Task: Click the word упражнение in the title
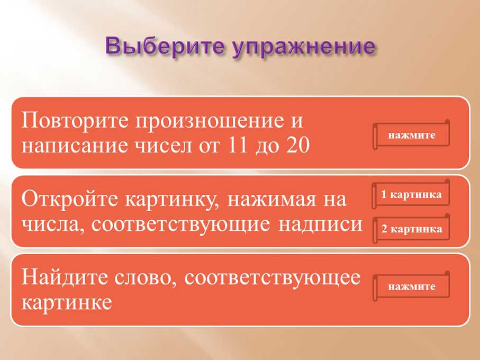(x=303, y=48)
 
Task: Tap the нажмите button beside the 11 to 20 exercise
(x=411, y=134)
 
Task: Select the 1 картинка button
(x=411, y=194)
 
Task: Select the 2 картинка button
(x=411, y=229)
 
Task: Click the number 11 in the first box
(x=238, y=145)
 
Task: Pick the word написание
(x=75, y=146)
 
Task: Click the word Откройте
(x=69, y=199)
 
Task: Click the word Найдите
(x=65, y=277)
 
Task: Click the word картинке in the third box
(x=67, y=303)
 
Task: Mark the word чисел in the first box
(x=164, y=146)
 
